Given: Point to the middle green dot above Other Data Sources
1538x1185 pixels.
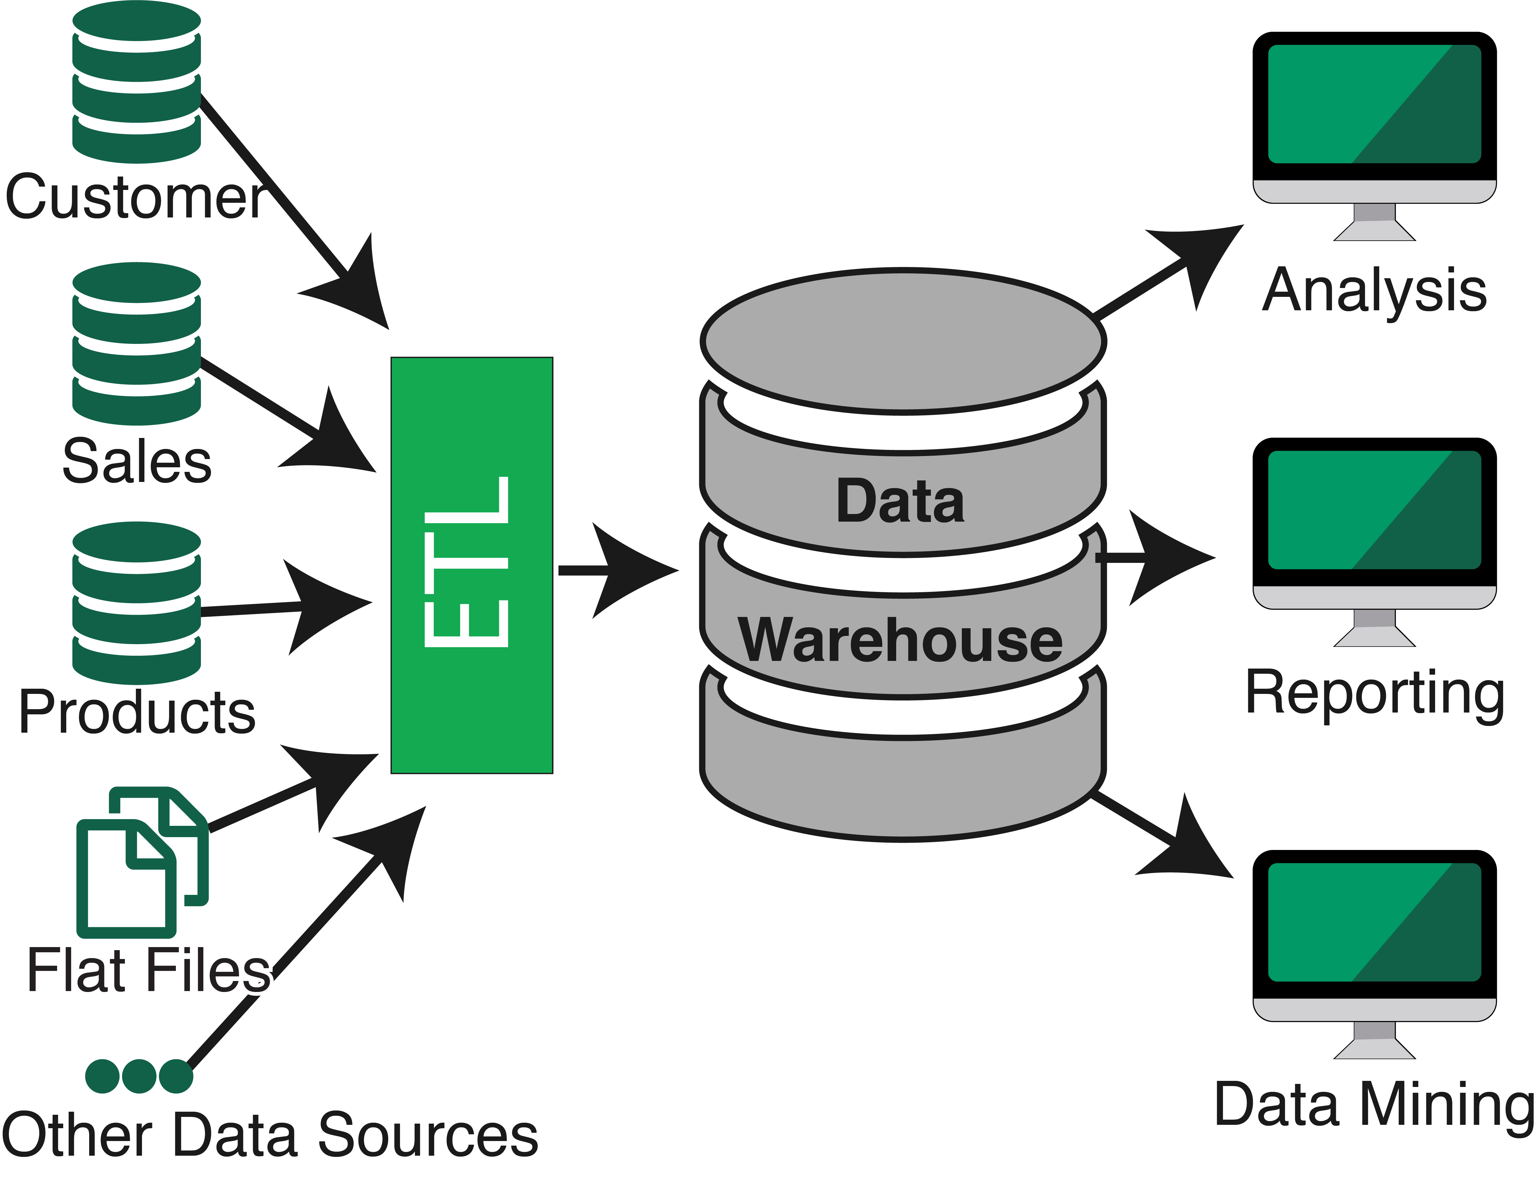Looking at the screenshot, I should (x=139, y=1076).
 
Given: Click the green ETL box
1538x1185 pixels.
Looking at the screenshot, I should (x=472, y=565).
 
